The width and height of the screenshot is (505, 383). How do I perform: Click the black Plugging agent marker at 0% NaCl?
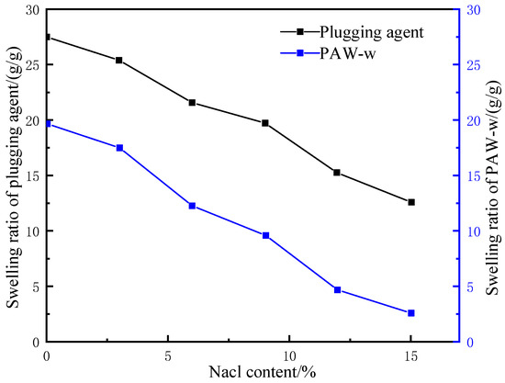coord(47,38)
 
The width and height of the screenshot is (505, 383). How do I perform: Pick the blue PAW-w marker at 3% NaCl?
coord(119,148)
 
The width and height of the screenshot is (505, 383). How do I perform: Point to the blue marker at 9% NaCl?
coord(265,235)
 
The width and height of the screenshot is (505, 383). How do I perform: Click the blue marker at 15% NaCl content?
coord(410,313)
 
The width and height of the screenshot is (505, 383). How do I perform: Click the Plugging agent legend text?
coord(377,31)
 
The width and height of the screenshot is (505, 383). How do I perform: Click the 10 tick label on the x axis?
coord(289,354)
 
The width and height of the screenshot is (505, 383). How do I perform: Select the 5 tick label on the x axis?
coord(168,354)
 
